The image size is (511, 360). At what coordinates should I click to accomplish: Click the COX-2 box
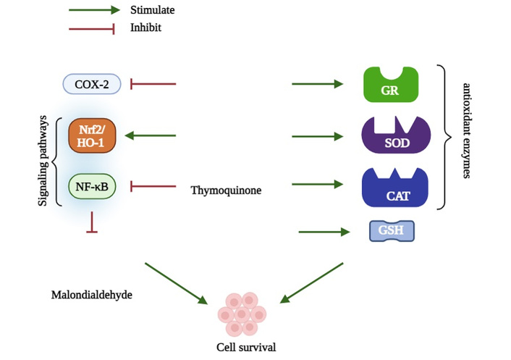92,84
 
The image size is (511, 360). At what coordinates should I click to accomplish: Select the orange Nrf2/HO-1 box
92,135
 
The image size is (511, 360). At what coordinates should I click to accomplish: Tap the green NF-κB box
92,187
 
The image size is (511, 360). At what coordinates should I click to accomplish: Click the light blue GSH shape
392,231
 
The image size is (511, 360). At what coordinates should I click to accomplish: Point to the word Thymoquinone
226,190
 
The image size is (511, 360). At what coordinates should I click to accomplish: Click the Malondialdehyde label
92,295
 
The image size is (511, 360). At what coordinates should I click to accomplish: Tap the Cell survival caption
246,347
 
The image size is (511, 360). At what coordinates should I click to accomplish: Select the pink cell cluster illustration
242,314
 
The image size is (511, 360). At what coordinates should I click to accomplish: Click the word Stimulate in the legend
153,10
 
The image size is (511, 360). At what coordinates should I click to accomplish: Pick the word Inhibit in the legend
145,28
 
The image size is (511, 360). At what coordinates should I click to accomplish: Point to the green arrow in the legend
95,10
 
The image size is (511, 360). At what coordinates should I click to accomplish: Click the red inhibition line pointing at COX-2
153,84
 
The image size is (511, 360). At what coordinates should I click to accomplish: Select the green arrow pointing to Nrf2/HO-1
151,135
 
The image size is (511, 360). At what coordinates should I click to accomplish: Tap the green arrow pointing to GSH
324,232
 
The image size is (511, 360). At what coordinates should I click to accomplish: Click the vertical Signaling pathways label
43,161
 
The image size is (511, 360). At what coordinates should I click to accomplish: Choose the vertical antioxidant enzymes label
467,131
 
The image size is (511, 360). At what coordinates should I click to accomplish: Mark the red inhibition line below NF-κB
92,222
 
